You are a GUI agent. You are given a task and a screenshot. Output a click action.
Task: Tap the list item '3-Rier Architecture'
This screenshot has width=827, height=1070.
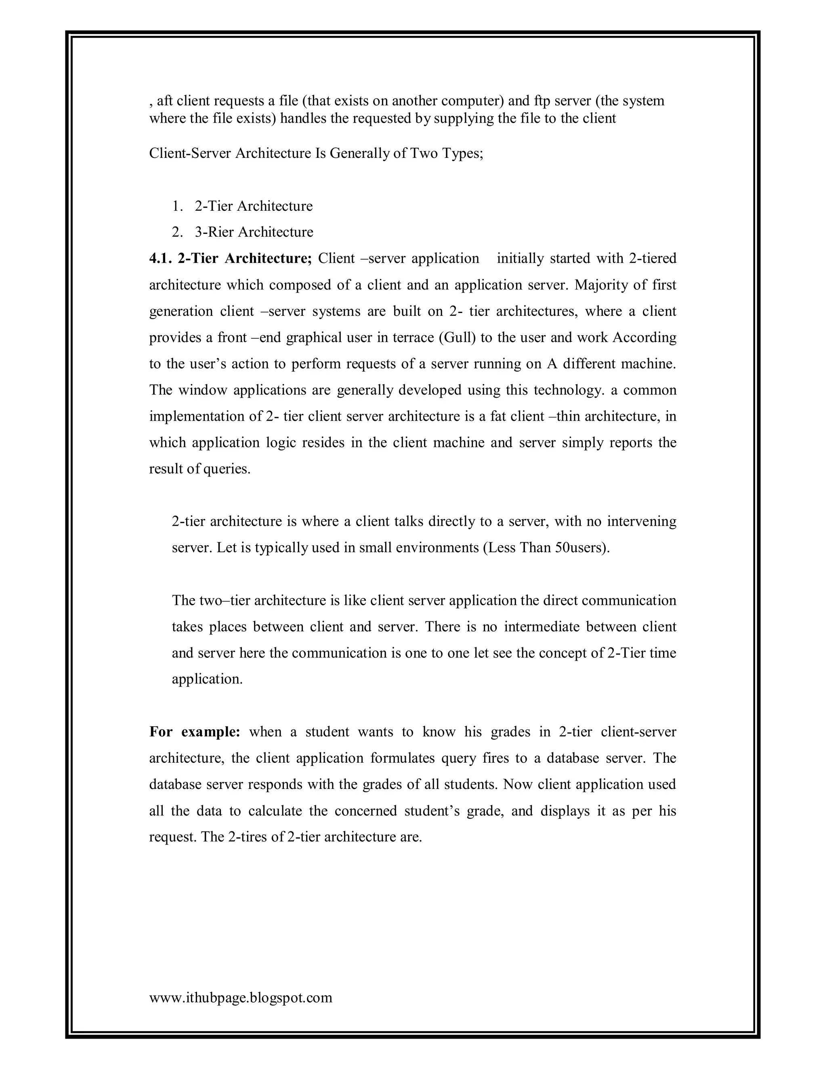coord(254,232)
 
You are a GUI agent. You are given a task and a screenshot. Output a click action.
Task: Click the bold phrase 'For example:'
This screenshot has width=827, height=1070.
coord(195,732)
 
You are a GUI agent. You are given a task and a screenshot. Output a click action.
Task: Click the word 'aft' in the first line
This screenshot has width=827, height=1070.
coord(165,101)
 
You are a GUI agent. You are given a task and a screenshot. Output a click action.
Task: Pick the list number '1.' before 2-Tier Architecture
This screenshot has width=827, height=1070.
coord(177,206)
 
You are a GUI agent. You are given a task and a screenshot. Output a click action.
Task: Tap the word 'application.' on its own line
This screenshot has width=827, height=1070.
coord(207,679)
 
